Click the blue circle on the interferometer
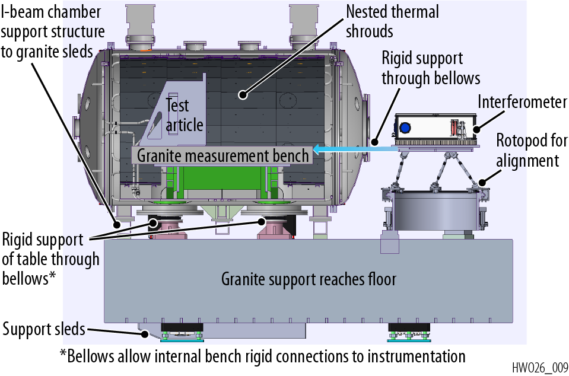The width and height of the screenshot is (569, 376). (x=406, y=128)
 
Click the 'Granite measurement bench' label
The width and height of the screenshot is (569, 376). (x=223, y=156)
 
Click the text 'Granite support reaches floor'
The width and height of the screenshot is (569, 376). (x=309, y=279)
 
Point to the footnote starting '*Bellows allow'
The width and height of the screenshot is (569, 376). (x=262, y=356)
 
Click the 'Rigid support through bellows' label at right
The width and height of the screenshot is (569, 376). (x=430, y=68)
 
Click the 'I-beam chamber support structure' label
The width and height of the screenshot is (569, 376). (x=52, y=31)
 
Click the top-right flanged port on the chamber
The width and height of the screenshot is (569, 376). (x=304, y=27)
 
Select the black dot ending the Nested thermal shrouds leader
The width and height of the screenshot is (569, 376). (x=241, y=94)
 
